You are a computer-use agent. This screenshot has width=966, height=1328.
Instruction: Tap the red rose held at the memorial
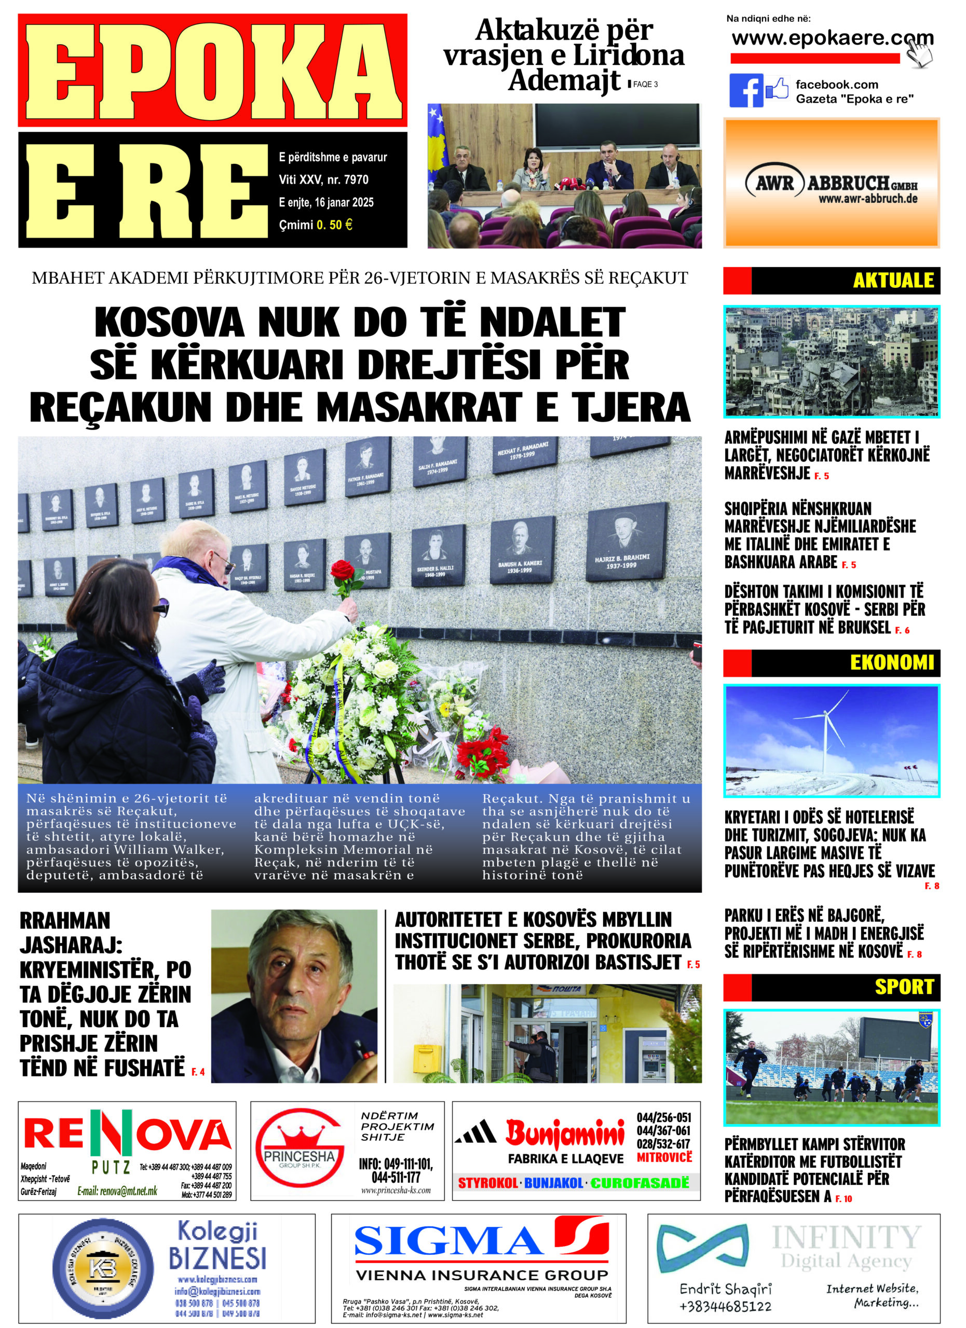[343, 571]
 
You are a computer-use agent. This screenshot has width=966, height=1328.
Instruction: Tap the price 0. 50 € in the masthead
[334, 225]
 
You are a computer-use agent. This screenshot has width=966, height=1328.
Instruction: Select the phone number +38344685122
[725, 1306]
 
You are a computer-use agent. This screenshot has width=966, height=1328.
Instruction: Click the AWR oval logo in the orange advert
[774, 183]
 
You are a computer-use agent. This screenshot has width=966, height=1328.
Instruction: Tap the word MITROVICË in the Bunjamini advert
[664, 1157]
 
